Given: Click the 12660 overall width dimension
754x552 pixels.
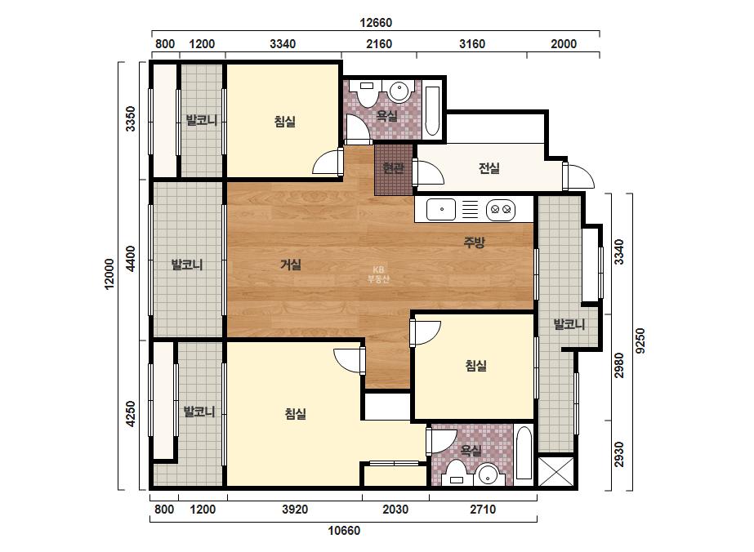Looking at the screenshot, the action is (376, 23).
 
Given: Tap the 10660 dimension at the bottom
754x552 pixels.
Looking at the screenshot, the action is (344, 531).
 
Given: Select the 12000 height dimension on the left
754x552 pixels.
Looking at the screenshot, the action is (109, 274).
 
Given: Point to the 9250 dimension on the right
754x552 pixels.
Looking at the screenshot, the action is (640, 341).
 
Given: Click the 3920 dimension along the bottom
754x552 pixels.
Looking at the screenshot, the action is (295, 510).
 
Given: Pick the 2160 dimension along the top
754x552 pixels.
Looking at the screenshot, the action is (379, 44).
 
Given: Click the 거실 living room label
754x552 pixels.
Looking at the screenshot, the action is (291, 265).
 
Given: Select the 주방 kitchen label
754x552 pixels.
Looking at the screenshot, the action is (474, 243).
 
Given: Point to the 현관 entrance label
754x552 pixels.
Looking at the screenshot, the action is (393, 168).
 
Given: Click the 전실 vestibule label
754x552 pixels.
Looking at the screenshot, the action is (489, 168).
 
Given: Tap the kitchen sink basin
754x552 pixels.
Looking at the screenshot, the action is (441, 209).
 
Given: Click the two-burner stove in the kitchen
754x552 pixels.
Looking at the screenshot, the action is (501, 209).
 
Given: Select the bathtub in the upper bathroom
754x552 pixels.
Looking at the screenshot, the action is (432, 110).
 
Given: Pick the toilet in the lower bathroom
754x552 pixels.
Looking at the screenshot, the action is (455, 473).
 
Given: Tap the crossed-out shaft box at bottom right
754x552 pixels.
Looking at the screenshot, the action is (555, 471).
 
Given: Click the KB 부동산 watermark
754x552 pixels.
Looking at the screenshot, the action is (378, 274).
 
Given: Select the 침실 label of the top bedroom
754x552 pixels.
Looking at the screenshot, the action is (284, 121).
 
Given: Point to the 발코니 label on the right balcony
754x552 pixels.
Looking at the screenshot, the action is (569, 324).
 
